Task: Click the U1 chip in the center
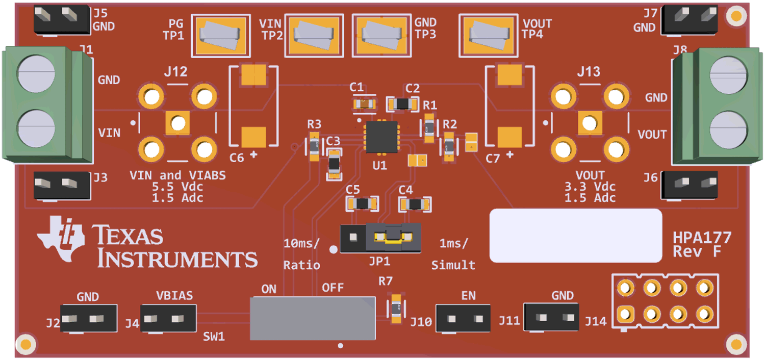381,137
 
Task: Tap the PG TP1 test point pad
221,35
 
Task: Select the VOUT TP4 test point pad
489,35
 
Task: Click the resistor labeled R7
396,310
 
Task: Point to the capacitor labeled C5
363,204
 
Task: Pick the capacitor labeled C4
416,204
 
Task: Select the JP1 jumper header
380,238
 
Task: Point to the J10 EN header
463,319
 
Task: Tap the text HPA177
702,238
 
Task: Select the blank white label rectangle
575,235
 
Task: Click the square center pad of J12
177,123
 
